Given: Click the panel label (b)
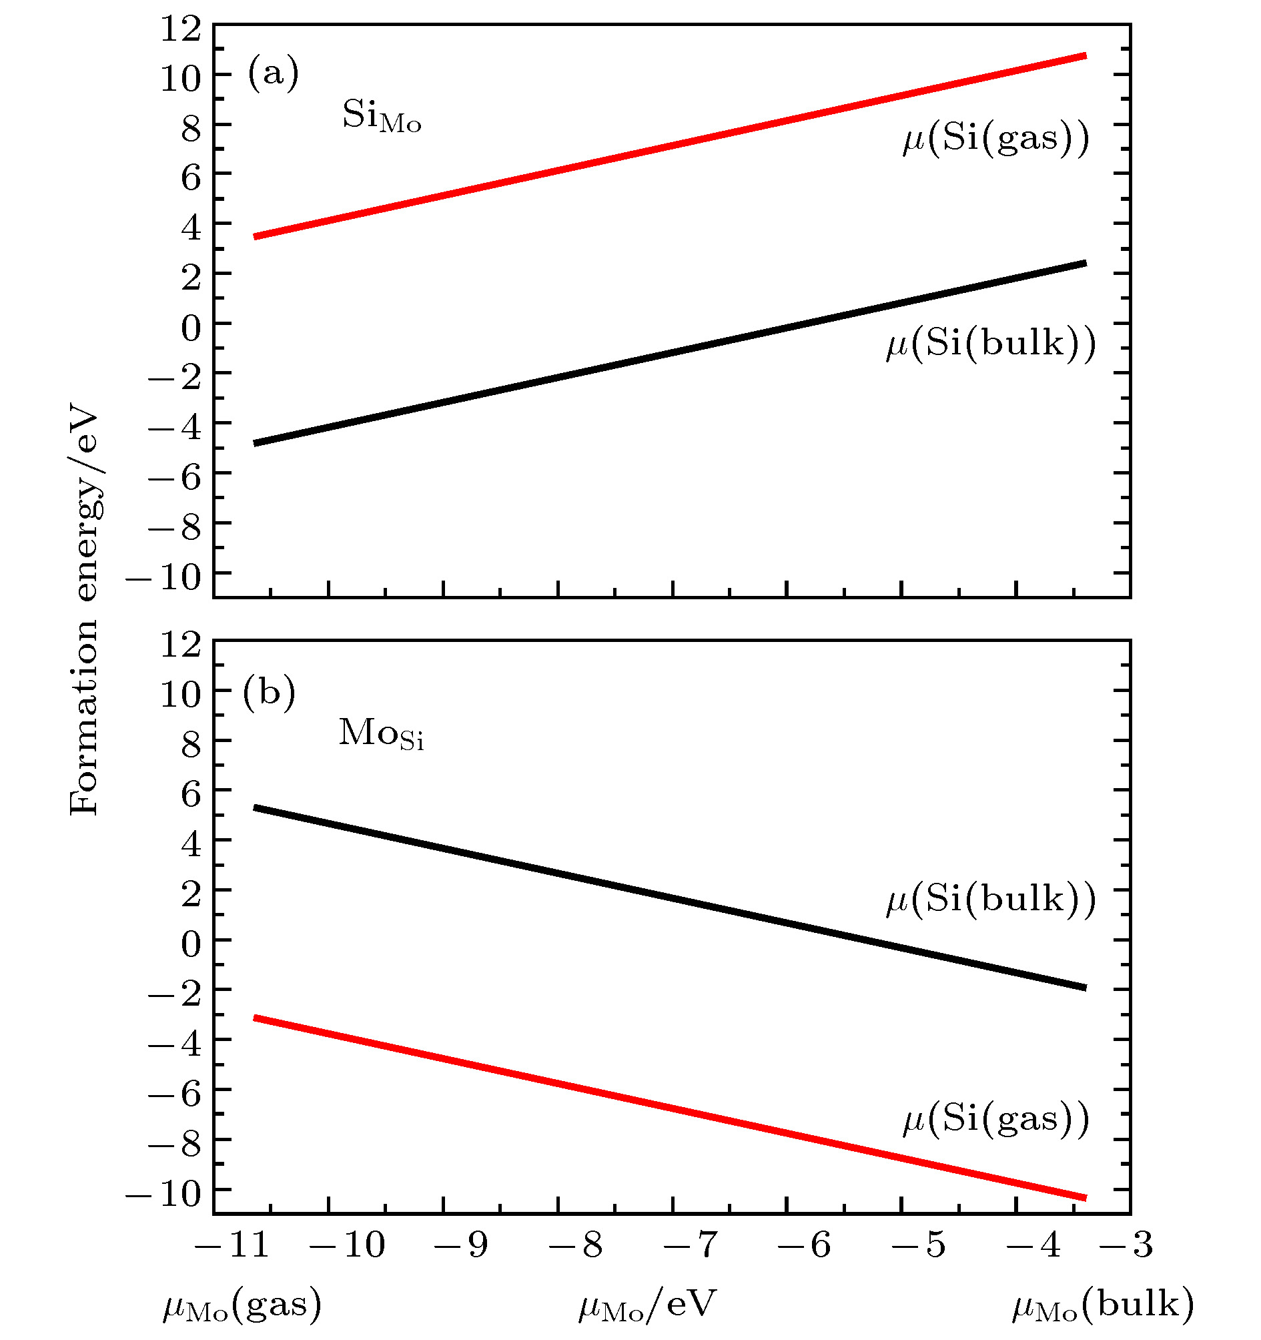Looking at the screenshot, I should click(269, 692).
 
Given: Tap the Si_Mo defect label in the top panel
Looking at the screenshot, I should click(382, 116).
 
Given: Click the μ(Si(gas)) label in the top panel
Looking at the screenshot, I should click(995, 139).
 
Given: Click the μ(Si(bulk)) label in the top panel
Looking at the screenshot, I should click(991, 344).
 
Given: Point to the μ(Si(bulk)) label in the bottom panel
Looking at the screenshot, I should click(991, 899).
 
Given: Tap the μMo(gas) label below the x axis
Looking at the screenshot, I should click(242, 1305).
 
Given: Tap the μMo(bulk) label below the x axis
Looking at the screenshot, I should click(1103, 1305).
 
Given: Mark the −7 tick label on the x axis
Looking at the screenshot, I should click(689, 1245).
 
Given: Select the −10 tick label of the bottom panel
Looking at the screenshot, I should click(163, 1195).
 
